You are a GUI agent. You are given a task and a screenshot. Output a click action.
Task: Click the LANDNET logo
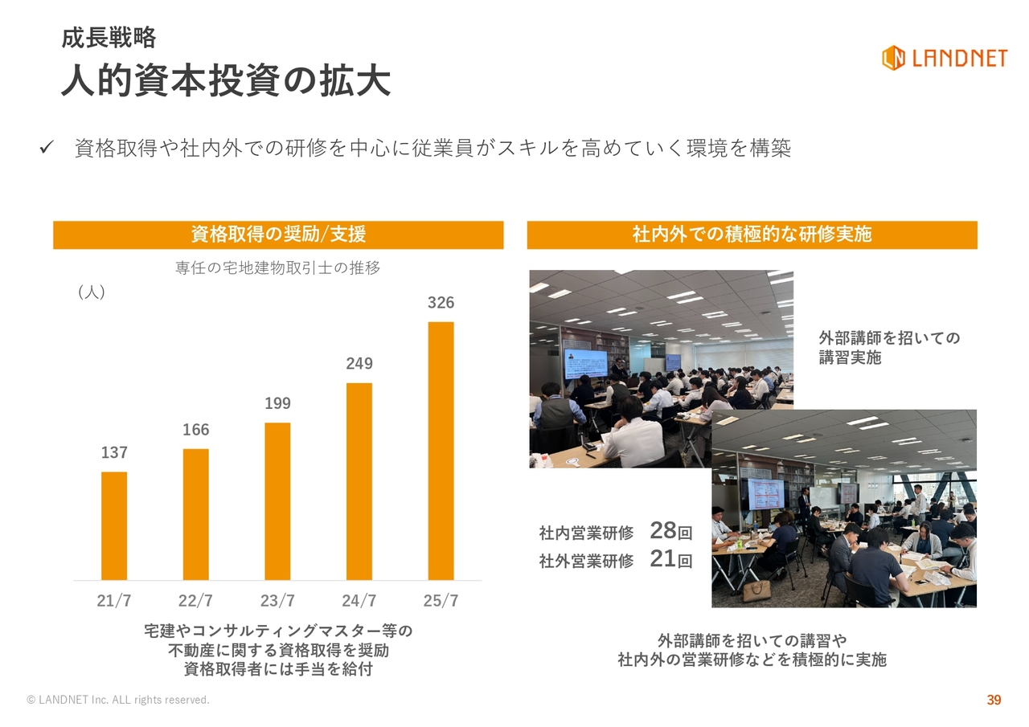click(945, 59)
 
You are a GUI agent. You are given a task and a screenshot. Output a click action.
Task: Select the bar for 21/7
click(114, 526)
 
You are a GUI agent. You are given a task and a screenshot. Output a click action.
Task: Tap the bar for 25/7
click(441, 451)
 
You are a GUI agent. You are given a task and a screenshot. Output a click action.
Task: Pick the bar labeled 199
click(277, 501)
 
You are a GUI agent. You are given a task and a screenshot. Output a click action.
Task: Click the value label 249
click(359, 363)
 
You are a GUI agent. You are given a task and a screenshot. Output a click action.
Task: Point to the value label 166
click(195, 430)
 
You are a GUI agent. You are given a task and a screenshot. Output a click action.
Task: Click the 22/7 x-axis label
click(195, 600)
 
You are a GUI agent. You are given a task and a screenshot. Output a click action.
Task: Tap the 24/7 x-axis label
click(359, 600)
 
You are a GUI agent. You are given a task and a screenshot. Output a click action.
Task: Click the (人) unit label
click(92, 292)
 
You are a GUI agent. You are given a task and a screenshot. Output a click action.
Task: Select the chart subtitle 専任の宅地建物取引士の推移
click(277, 268)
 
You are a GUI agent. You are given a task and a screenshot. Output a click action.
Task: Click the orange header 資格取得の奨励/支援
click(278, 235)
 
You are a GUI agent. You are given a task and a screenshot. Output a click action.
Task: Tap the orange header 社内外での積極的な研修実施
click(752, 235)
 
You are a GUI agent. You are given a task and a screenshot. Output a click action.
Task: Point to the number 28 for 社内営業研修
click(663, 530)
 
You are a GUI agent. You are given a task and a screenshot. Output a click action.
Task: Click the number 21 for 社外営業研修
click(663, 558)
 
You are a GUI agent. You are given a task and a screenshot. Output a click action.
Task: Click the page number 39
click(994, 700)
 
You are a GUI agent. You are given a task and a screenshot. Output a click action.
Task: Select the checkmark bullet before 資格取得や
click(47, 147)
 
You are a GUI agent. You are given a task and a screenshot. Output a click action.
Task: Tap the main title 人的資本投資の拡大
click(226, 81)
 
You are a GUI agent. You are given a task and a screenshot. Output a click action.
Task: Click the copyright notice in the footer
click(118, 700)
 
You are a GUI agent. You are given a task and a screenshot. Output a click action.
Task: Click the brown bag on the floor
click(756, 591)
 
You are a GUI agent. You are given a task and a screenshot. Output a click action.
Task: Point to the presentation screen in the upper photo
click(586, 364)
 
